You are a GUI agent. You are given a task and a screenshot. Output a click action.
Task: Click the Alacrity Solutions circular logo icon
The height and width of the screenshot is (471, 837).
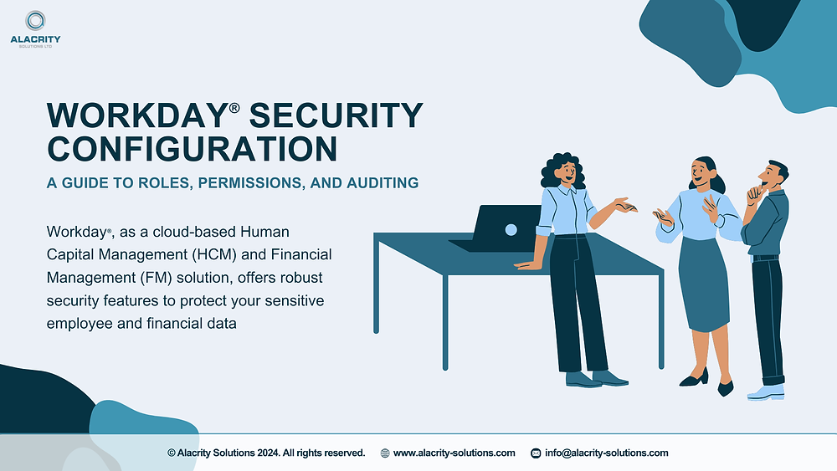(x=35, y=21)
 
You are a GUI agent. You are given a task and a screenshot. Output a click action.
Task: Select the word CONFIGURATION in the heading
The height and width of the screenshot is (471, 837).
(x=193, y=149)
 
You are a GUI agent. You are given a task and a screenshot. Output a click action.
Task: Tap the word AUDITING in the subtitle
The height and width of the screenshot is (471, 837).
(x=381, y=182)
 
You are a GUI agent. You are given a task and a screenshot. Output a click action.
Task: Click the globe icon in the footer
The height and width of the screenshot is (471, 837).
(x=385, y=453)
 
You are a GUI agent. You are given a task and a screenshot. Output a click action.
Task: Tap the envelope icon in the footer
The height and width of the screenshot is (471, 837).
(x=536, y=453)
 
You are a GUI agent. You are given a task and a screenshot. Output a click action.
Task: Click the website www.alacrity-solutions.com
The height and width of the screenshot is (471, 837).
(x=454, y=453)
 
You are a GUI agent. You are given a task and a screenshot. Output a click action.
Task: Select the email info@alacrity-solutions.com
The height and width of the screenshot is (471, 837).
(x=606, y=453)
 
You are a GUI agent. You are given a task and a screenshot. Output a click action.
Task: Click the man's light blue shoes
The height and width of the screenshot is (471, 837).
(x=766, y=392)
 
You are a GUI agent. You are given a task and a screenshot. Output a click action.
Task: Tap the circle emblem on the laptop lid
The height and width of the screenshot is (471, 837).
(x=511, y=230)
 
